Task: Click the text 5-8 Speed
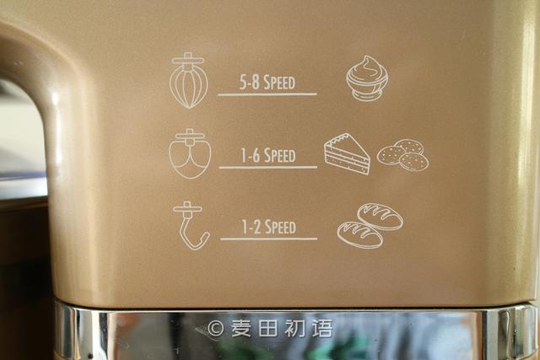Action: coord(267,82)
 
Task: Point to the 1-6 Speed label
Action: coord(268,155)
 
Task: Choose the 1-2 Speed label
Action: coord(268,227)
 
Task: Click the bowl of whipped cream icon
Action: coord(367,78)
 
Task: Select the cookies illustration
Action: coord(403,155)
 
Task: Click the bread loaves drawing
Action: coord(370,225)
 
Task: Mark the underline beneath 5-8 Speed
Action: coord(267,94)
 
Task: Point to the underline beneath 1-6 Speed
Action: coord(268,168)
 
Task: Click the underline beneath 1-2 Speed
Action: coord(268,239)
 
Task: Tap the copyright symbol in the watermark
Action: coord(216,328)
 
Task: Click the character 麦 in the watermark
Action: coord(242,328)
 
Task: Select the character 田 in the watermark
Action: coord(268,328)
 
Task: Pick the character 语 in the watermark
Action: coord(322,328)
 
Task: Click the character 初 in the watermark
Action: coord(294,328)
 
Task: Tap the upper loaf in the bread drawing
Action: coord(381,216)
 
